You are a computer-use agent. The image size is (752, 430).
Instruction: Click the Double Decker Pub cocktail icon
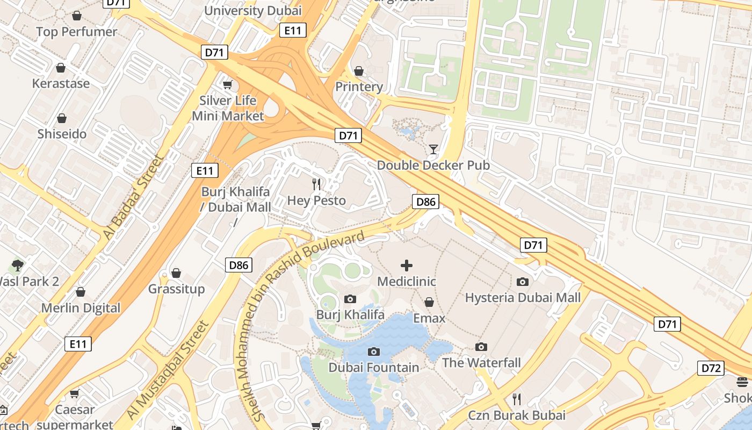tap(433, 149)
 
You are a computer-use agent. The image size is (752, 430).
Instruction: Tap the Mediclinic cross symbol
tap(407, 265)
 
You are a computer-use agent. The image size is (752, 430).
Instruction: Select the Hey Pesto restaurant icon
tap(316, 184)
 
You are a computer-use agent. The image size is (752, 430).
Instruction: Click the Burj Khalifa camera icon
tap(350, 299)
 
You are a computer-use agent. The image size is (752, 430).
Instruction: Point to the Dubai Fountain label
tap(374, 368)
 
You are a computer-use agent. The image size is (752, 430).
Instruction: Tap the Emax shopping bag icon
tap(429, 303)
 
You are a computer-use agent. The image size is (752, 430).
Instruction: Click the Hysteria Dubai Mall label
tap(523, 297)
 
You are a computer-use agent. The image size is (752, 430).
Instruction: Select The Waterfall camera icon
tap(481, 347)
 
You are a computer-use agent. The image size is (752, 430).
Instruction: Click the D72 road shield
tap(711, 368)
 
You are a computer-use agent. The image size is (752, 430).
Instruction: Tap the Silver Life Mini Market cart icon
tap(228, 84)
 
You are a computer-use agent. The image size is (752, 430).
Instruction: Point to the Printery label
tap(359, 87)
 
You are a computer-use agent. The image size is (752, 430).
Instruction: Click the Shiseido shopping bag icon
tap(62, 118)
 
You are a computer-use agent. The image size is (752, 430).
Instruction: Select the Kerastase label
tap(61, 83)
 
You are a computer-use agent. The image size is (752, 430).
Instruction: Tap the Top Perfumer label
tap(76, 32)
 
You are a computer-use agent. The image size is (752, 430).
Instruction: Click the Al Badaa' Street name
tap(132, 198)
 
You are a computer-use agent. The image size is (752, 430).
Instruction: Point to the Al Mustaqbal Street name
tap(167, 370)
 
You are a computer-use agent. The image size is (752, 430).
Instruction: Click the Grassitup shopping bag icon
tap(176, 273)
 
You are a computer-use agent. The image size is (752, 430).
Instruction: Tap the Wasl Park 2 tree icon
tap(17, 265)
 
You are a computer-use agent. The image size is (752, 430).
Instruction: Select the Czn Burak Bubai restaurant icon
tap(517, 399)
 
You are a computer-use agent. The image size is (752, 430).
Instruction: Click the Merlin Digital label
tap(81, 308)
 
